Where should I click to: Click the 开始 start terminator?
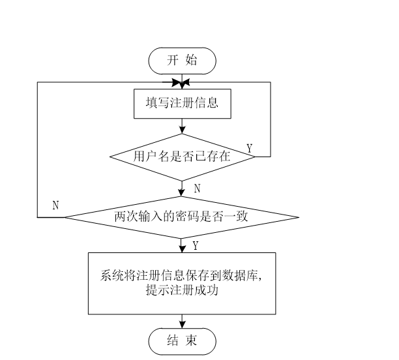tap(182, 61)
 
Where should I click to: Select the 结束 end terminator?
tap(182, 340)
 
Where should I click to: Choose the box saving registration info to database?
tap(182, 283)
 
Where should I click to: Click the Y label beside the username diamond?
tap(250, 148)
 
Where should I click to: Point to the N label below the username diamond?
tap(198, 188)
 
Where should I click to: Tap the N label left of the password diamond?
tap(56, 205)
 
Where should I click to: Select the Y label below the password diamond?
tap(196, 245)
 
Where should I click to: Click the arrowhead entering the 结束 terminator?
tap(182, 323)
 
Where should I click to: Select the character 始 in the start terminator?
tap(191, 61)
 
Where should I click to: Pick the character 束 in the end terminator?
tap(191, 340)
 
